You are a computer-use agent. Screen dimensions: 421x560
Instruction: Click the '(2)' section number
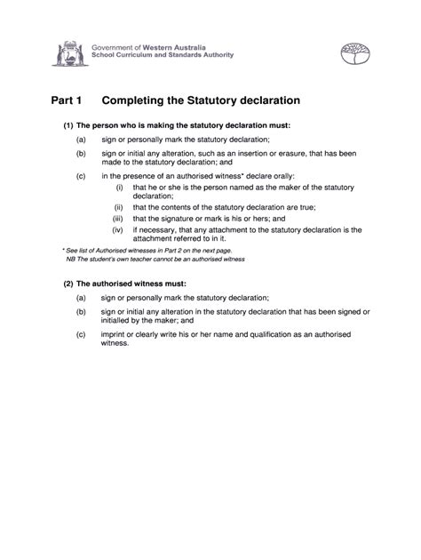pyautogui.click(x=68, y=282)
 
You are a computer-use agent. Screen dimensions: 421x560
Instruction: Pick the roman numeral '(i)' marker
pyautogui.click(x=119, y=188)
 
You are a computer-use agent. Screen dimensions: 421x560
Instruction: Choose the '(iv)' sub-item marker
pyautogui.click(x=118, y=230)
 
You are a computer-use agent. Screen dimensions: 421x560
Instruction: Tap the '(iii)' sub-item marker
pyautogui.click(x=118, y=218)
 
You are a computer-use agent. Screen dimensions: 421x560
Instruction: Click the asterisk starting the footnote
pyautogui.click(x=63, y=250)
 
